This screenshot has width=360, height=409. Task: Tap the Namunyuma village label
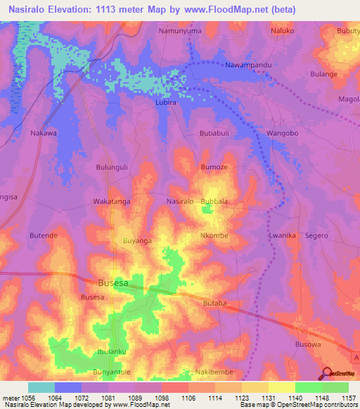(x=180, y=32)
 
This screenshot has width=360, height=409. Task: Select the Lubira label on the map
(x=166, y=103)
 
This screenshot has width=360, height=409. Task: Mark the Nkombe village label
(x=214, y=235)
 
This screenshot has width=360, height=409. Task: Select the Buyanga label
(x=138, y=240)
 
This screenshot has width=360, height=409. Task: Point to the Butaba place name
(x=214, y=303)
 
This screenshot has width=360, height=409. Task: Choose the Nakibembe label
(x=214, y=371)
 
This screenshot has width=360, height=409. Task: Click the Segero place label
(x=316, y=235)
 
